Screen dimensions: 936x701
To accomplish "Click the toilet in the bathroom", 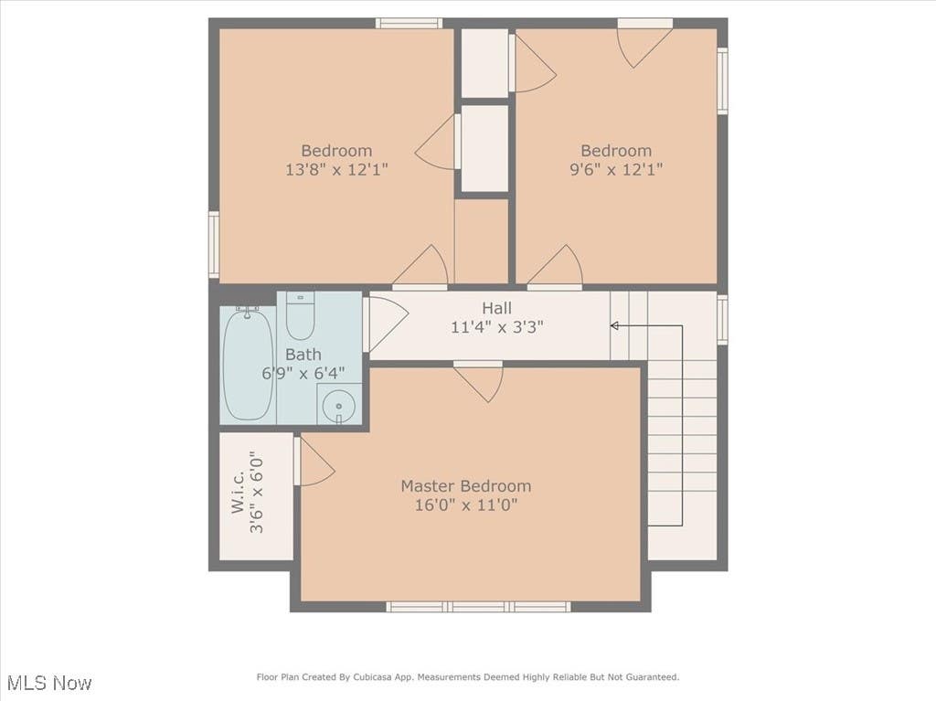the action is click(x=300, y=315).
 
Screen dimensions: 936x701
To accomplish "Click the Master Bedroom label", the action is click(x=465, y=486).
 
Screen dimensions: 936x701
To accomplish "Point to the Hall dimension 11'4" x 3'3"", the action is click(x=496, y=327).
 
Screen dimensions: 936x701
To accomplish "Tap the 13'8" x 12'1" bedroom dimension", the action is click(x=336, y=170).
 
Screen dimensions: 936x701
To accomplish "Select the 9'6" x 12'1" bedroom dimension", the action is click(x=616, y=170).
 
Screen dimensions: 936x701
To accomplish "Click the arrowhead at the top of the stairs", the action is click(x=613, y=325).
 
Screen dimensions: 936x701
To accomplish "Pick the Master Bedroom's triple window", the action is click(x=478, y=607).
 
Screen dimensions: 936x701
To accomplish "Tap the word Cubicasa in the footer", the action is click(x=373, y=677).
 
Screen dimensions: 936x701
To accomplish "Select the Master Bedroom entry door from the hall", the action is click(x=478, y=381).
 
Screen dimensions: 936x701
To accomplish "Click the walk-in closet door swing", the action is click(x=314, y=461).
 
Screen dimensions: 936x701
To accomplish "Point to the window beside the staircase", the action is click(x=722, y=320).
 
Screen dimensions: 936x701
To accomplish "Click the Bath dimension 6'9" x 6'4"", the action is click(x=303, y=374).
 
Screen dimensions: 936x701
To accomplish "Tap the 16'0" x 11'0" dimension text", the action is click(x=465, y=505).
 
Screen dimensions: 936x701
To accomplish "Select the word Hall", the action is click(x=496, y=308).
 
